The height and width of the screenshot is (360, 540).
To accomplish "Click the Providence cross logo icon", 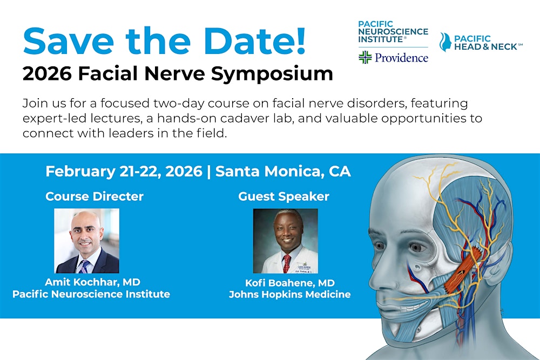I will pyautogui.click(x=366, y=57).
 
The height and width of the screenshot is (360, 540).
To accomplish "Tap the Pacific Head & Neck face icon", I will pyautogui.click(x=445, y=42).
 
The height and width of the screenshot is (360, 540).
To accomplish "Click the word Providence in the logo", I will pyautogui.click(x=402, y=57).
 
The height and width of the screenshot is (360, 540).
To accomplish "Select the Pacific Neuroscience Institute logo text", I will pyautogui.click(x=393, y=32).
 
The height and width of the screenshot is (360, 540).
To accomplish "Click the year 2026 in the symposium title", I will pyautogui.click(x=47, y=74).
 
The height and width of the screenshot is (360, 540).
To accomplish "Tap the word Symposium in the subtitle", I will pyautogui.click(x=272, y=74).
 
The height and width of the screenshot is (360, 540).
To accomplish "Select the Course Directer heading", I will pyautogui.click(x=94, y=196).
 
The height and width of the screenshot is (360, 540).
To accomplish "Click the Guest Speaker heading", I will pyautogui.click(x=283, y=196).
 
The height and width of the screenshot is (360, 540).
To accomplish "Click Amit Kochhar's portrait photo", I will pyautogui.click(x=87, y=241).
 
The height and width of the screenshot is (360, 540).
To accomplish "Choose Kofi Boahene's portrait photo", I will pyautogui.click(x=286, y=241).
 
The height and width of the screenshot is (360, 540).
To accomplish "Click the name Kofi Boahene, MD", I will pyautogui.click(x=289, y=283).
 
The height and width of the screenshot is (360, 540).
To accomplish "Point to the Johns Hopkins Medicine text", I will pyautogui.click(x=289, y=295).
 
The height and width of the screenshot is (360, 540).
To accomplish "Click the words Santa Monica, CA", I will pyautogui.click(x=283, y=172).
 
